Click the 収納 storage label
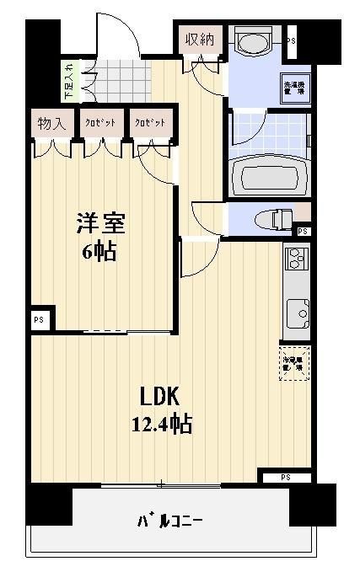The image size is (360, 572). (199, 40)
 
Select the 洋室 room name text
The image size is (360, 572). (101, 223)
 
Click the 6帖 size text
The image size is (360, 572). (99, 251)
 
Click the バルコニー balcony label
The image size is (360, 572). (170, 521)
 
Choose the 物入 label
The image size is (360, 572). (51, 123)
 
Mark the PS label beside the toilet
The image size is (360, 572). (303, 232)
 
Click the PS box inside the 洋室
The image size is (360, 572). (39, 321)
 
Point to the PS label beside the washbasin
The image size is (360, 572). (292, 40)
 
